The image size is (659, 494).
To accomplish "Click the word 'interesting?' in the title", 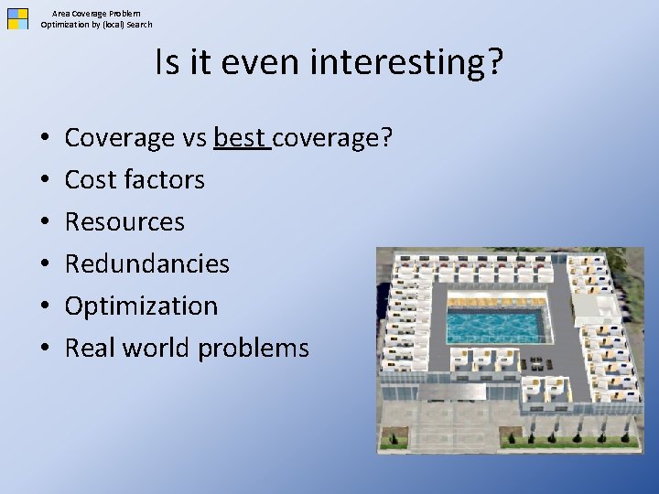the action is tap(406, 63).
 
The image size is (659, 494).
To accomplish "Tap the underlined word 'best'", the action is tap(240, 137).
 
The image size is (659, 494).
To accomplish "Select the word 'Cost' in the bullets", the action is tap(90, 179).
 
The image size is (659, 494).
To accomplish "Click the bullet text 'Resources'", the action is tap(124, 221).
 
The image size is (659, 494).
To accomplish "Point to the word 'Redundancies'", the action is tap(147, 263).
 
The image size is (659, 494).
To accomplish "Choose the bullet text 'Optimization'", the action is tap(141, 306).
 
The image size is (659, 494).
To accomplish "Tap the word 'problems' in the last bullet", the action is tap(254, 349).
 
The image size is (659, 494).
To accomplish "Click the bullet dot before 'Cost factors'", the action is tap(45, 179).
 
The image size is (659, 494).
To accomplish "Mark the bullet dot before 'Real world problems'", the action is tap(45, 348).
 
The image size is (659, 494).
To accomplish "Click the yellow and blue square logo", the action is tap(17, 19).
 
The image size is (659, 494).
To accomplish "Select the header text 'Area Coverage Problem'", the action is tap(96, 14).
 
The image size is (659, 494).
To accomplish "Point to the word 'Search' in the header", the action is tap(139, 25).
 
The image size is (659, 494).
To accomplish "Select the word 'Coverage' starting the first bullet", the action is tap(119, 138).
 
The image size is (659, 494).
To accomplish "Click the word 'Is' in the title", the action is tap(167, 62).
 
